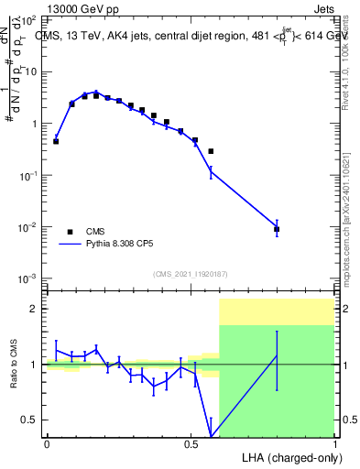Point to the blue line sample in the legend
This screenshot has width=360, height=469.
70,245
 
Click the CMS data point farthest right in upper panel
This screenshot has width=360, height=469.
277,229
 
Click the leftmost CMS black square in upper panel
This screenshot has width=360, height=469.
56,141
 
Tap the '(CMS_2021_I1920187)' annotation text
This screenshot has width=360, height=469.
191,273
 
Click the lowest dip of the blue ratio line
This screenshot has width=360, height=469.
212,435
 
